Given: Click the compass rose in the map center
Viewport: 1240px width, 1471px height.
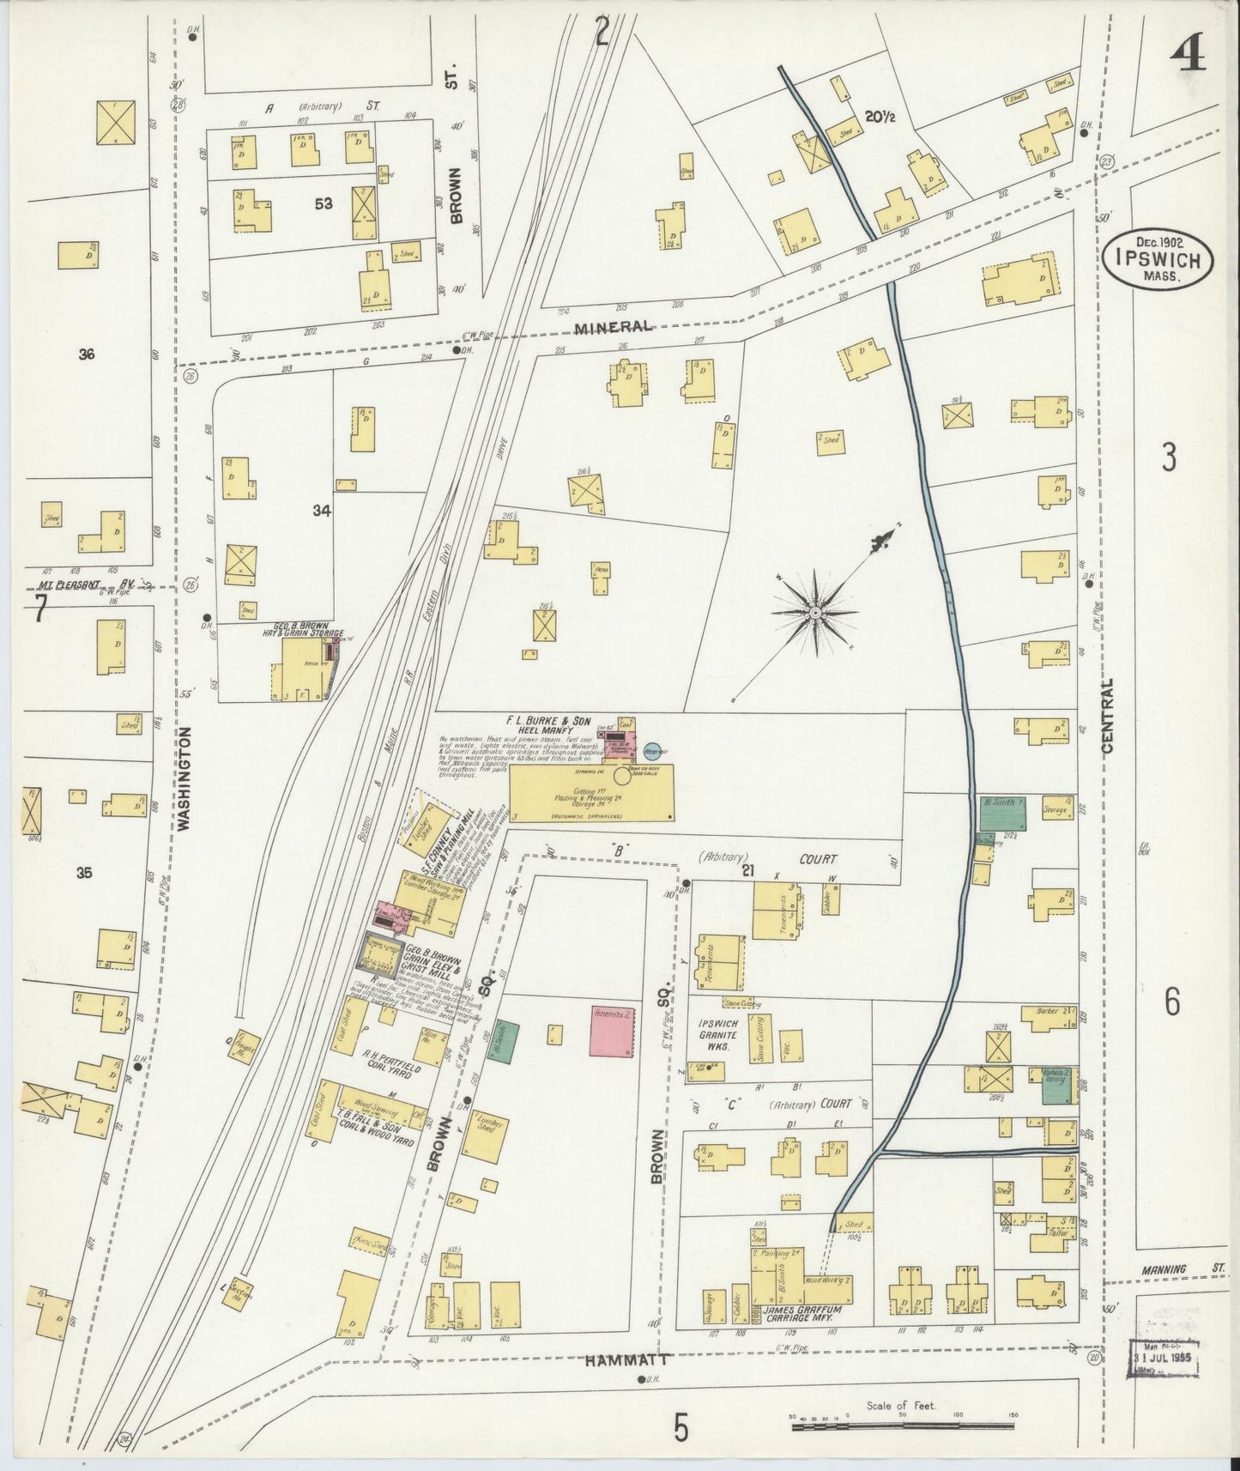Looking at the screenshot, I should tap(814, 613).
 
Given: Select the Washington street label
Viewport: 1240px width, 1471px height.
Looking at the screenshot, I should tap(183, 778).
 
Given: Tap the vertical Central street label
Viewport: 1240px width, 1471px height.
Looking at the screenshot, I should tap(1108, 715).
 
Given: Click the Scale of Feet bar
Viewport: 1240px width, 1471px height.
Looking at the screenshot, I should tap(900, 1426).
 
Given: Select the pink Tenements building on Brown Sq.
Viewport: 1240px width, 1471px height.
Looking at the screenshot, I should tap(613, 1031).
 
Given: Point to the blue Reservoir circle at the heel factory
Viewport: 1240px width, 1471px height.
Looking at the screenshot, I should tap(653, 751).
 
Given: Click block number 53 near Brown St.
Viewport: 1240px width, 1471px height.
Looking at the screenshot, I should tap(323, 204).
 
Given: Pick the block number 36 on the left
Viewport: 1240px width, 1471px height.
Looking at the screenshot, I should tap(85, 354).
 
